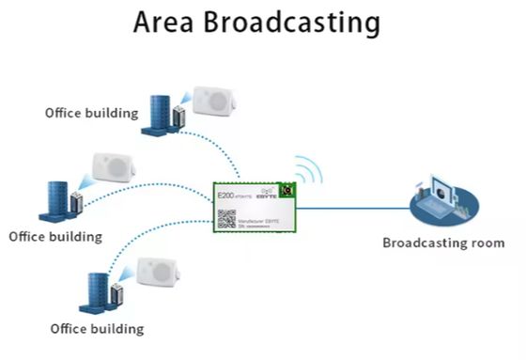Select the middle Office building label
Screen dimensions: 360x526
point(55,236)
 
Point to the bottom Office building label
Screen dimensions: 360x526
point(97,329)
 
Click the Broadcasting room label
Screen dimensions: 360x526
point(443,243)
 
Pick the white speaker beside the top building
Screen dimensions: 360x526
point(212,102)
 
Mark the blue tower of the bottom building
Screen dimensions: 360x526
point(97,292)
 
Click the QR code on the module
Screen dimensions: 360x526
point(226,218)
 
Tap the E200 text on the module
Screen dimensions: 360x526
point(225,197)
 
